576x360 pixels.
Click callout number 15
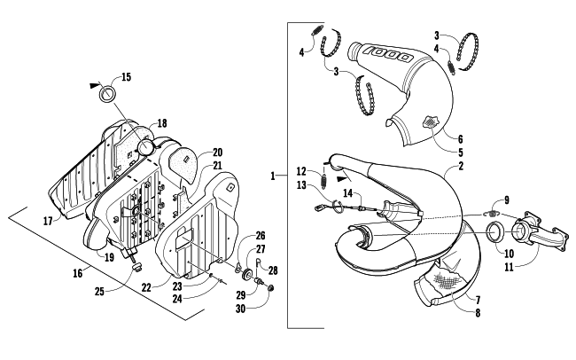click(126, 77)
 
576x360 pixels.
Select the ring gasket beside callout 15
click(108, 93)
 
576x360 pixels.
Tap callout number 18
click(162, 123)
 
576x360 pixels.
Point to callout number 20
click(217, 153)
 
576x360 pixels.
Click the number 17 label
click(48, 221)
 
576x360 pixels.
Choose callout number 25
click(99, 291)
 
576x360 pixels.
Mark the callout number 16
click(77, 273)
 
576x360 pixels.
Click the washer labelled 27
click(247, 274)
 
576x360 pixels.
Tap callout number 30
click(241, 309)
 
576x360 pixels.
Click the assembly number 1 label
click(273, 176)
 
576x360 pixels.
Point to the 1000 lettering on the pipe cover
click(389, 54)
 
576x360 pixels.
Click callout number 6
click(460, 139)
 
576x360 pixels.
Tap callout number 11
click(509, 267)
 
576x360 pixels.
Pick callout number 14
click(347, 192)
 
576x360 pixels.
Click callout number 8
click(478, 313)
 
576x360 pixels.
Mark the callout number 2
click(461, 166)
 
